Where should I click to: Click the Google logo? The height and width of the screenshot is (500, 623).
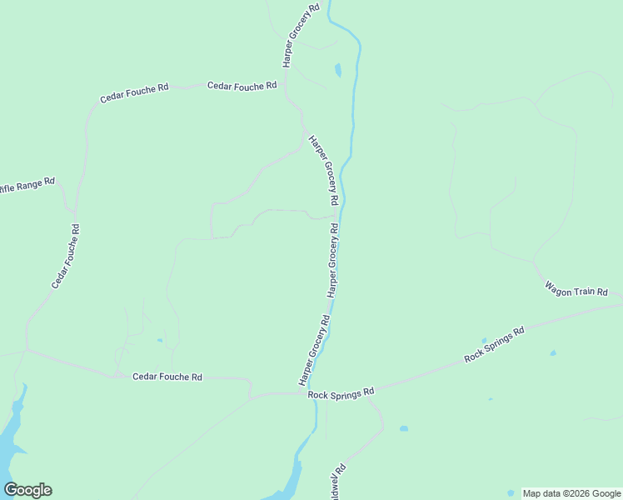click(27, 490)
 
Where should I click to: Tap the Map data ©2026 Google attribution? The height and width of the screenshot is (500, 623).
click(572, 493)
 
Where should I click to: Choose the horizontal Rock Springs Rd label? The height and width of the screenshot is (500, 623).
click(341, 392)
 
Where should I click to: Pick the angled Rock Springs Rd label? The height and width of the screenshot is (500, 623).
click(494, 344)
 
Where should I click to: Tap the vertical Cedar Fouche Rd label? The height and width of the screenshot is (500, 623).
click(66, 257)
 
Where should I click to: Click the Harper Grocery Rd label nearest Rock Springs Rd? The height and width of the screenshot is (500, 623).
click(314, 351)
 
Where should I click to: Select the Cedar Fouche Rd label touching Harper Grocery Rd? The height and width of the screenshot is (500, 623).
click(242, 86)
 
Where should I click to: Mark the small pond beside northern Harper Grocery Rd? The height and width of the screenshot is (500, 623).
click(337, 71)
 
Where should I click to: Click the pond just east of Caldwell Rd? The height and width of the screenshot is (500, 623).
click(403, 429)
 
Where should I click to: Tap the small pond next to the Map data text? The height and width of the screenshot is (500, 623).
click(511, 492)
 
